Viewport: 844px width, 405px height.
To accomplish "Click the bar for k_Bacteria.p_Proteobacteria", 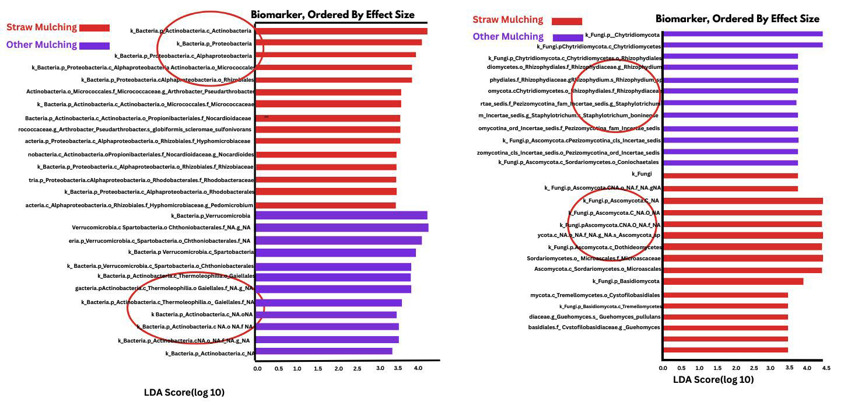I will tap(339, 43).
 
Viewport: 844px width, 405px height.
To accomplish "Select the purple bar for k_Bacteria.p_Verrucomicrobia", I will tap(341, 215).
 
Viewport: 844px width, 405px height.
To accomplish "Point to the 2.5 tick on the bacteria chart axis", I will tap(360, 369).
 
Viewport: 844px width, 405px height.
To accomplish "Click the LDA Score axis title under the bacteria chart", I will tap(184, 392).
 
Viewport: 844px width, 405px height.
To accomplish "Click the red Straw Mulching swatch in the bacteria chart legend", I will tap(94, 27).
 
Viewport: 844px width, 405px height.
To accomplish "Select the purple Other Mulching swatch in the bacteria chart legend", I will tap(94, 46).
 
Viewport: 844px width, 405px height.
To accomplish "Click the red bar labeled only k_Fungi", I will tap(730, 175).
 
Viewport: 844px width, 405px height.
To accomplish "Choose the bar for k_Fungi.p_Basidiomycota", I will tap(733, 281).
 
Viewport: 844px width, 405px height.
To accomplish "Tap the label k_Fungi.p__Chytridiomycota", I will tap(622, 35).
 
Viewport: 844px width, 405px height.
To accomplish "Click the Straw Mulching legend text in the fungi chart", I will tap(507, 20).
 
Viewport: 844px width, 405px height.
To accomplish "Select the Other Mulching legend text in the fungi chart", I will tap(508, 37).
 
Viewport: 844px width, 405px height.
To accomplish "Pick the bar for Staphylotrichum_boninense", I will tap(730, 115).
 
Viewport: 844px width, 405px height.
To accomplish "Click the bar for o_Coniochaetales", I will tap(730, 163).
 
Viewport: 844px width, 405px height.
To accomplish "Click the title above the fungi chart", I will tap(737, 19).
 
